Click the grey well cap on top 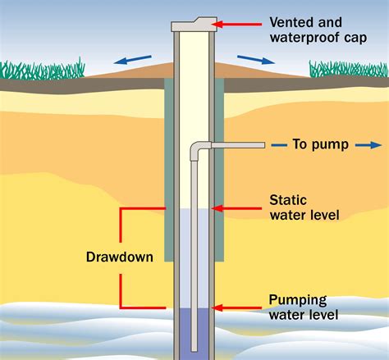tap(194, 25)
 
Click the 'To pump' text tap(320, 145)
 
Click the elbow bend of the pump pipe tap(197, 148)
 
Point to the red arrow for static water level tap(238, 208)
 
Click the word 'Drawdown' tap(120, 257)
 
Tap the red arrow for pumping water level tap(238, 308)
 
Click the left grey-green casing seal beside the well tap(168, 164)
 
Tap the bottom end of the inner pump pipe tap(195, 345)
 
